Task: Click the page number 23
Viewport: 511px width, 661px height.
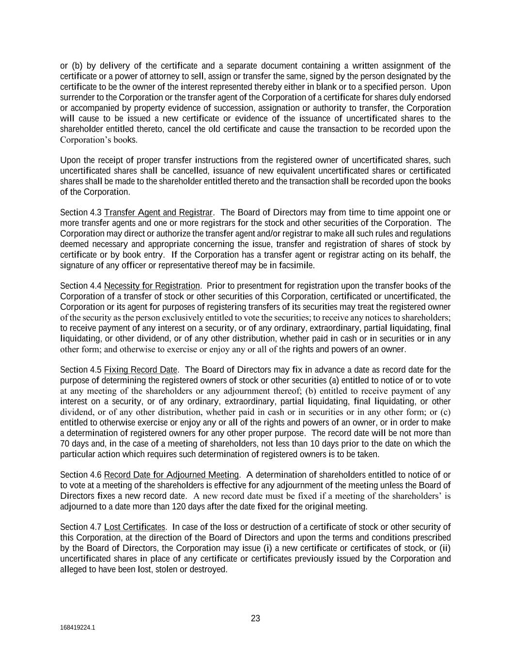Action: click(x=255, y=618)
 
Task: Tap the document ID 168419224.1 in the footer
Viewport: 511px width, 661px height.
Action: click(x=77, y=628)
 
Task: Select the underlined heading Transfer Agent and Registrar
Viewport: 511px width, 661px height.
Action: click(x=158, y=213)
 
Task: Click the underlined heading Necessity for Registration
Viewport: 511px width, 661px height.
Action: click(x=152, y=286)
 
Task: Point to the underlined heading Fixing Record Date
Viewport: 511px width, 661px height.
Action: click(x=140, y=370)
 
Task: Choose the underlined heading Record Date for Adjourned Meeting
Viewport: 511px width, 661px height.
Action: click(x=171, y=475)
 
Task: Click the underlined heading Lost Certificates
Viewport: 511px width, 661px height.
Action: click(x=135, y=527)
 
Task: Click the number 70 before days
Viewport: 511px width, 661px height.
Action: click(x=65, y=444)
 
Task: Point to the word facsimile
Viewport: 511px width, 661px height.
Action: click(x=298, y=265)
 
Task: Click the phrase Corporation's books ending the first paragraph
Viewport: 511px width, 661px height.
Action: click(x=98, y=140)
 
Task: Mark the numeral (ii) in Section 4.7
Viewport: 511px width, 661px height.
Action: click(x=445, y=548)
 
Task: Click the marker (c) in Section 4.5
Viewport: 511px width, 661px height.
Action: click(x=445, y=412)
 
